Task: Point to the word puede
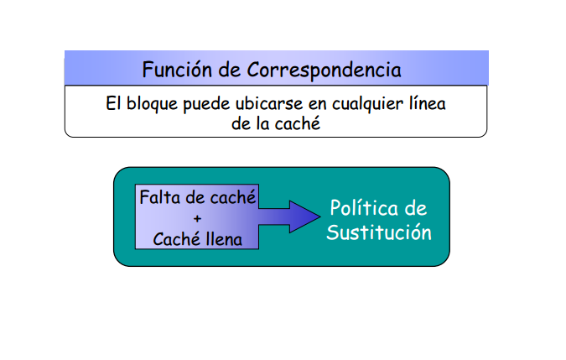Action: [206, 105]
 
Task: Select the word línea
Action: [424, 105]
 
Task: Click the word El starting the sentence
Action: [115, 105]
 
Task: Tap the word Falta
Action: [159, 199]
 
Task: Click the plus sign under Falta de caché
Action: [198, 219]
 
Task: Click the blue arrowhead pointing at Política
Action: [301, 217]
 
